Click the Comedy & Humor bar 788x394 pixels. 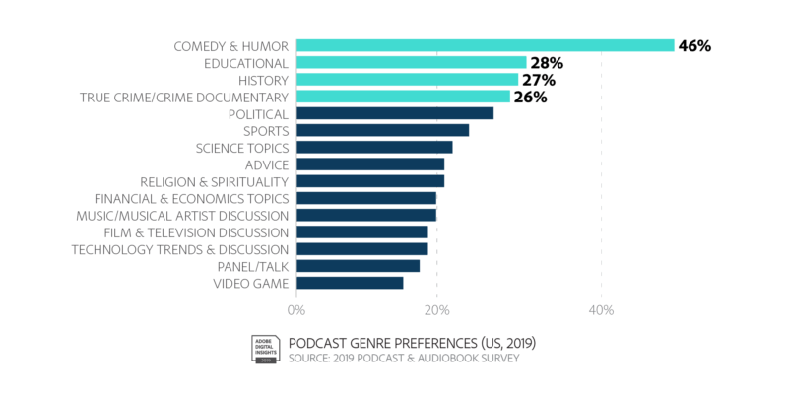[486, 45]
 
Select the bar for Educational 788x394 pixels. [412, 62]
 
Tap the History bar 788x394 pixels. [408, 79]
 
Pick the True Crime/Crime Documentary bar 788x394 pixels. [404, 97]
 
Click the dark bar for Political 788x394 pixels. [395, 113]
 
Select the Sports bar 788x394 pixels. [383, 130]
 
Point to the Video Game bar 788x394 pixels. [350, 284]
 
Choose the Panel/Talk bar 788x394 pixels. [359, 266]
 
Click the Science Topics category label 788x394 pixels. [241, 148]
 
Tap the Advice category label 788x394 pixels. [267, 164]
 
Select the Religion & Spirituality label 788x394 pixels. [214, 182]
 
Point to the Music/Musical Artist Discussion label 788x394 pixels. [182, 216]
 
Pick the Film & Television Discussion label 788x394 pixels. [195, 232]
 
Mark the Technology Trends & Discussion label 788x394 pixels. [179, 249]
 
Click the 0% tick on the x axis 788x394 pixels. [296, 310]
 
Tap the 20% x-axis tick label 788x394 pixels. [437, 310]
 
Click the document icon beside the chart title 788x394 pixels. [264, 348]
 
